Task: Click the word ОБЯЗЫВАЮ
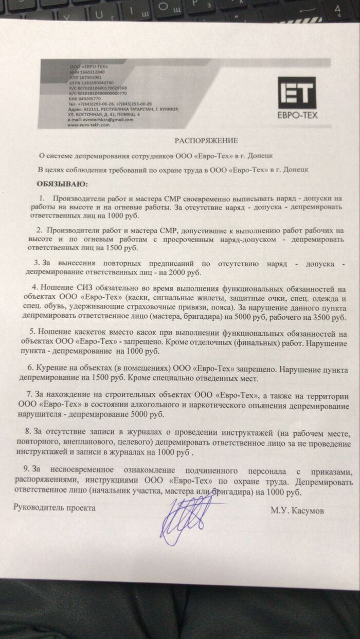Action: pos(60,183)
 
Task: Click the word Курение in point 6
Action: pos(51,369)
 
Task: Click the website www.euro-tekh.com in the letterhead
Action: pos(88,124)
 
